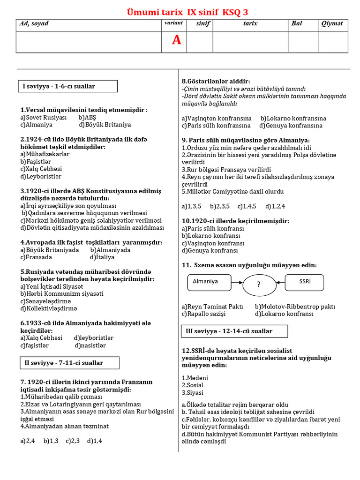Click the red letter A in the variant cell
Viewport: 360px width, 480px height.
tap(176, 41)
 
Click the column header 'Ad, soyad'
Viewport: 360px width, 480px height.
tap(34, 23)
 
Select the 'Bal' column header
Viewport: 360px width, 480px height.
tap(297, 23)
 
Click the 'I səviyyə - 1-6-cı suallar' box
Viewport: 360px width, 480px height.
tap(67, 86)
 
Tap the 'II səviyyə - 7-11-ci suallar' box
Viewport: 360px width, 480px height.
tap(69, 363)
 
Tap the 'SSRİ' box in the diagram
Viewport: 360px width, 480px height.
tap(305, 282)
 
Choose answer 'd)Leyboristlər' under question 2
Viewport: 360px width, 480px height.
tap(41, 177)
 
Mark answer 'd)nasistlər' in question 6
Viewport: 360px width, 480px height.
tap(90, 345)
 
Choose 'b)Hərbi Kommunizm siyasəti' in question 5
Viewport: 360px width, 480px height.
tap(62, 294)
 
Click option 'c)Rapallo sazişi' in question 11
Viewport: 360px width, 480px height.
tap(204, 314)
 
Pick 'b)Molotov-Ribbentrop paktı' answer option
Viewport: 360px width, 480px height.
tap(295, 307)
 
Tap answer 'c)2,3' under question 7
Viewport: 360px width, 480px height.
tap(72, 441)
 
